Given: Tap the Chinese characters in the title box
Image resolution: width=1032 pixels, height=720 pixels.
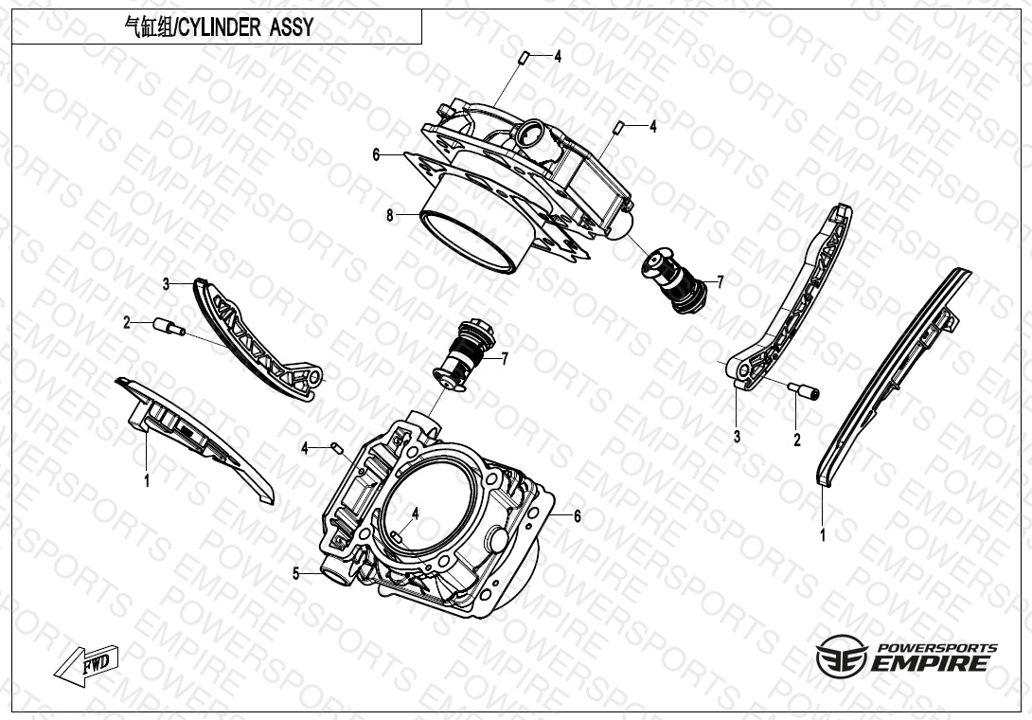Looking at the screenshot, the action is coord(148,27).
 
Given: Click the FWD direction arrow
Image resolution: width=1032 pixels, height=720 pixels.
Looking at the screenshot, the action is coord(86,664).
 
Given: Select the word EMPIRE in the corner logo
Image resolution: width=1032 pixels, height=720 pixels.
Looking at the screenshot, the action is coord(930,663).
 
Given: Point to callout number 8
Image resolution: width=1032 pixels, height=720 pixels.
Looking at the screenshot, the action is coord(390,215).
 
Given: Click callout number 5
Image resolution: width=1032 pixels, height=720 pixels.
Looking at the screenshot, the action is coord(296,574).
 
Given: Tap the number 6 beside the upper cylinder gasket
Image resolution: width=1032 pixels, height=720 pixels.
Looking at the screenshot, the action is coord(376,154).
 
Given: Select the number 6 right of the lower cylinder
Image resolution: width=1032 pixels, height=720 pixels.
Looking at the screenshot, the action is coord(578,516).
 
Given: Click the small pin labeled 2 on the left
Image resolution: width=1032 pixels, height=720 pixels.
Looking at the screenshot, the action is coord(169,326).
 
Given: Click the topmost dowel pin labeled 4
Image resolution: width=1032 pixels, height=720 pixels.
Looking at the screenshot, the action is coord(525,57).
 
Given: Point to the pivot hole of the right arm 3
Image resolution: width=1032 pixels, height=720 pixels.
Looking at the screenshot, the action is coord(744,370).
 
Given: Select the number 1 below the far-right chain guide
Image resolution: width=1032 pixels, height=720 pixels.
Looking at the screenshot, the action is coord(822,535).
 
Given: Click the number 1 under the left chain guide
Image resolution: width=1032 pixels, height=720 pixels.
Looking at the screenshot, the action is coord(147,481).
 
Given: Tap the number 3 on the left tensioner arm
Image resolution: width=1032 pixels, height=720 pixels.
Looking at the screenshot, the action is coord(166,284).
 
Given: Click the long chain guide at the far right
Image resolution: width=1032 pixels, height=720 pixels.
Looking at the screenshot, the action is coord(893,377).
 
